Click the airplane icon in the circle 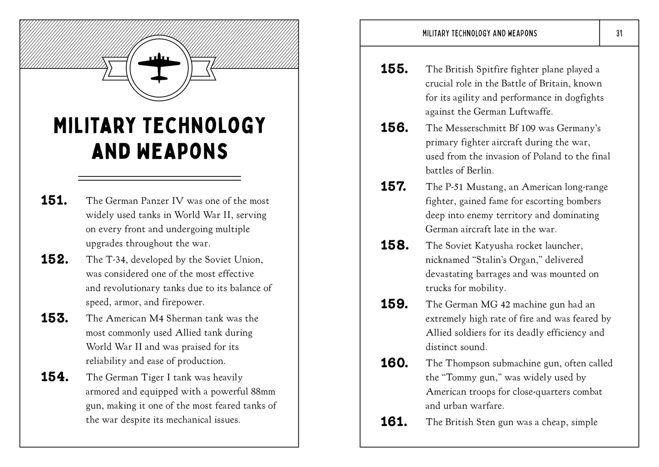point(159,67)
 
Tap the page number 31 point(619,33)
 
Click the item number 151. point(54,201)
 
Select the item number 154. point(55,377)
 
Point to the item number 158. point(394,245)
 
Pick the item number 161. point(394,422)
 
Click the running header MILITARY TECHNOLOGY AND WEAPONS point(480,33)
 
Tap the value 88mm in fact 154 point(263,392)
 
